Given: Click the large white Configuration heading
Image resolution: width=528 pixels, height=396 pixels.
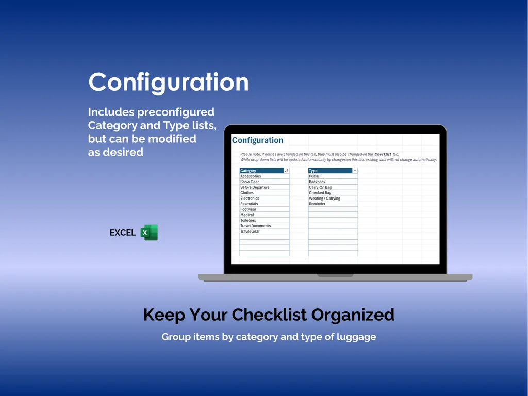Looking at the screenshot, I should click(x=168, y=82).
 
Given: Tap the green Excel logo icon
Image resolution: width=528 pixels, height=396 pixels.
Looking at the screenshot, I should click(x=149, y=233).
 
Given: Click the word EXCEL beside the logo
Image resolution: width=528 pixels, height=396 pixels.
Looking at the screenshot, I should click(x=123, y=233).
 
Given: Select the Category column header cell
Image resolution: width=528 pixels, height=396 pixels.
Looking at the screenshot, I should click(x=261, y=171).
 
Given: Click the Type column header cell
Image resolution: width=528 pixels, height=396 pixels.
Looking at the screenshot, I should click(x=329, y=171).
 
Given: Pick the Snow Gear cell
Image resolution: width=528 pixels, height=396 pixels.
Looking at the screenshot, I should click(x=250, y=181).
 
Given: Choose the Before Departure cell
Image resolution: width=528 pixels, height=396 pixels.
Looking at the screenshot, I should click(x=255, y=187).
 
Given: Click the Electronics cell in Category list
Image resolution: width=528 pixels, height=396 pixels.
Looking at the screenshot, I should click(x=250, y=198).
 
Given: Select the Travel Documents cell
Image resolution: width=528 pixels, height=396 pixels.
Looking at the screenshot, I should click(x=255, y=226).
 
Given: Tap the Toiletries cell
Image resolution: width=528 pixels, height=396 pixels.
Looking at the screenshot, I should click(x=248, y=220).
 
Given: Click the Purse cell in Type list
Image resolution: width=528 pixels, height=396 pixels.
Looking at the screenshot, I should click(x=314, y=176).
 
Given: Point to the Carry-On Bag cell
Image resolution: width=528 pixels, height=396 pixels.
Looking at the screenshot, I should click(x=320, y=187).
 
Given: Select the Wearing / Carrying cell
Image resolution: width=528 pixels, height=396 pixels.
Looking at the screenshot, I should click(x=324, y=198).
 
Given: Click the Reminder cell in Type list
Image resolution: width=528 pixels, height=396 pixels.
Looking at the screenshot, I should click(x=317, y=204).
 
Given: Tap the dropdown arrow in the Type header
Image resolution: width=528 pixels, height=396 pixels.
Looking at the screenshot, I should click(x=355, y=171).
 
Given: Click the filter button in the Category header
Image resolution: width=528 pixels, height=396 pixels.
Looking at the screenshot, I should click(x=286, y=171).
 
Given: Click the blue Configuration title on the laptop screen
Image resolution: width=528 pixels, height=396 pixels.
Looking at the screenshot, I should click(x=257, y=140).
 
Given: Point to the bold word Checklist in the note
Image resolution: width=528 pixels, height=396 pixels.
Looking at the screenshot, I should click(x=383, y=154).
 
